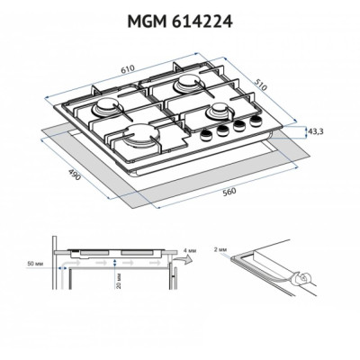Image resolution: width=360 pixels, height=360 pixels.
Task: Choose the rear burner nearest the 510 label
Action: pyautogui.click(x=191, y=85)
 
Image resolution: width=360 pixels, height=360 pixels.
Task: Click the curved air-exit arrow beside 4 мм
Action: pyautogui.click(x=183, y=261)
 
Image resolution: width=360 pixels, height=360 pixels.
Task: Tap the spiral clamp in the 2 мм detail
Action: pyautogui.click(x=305, y=281)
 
